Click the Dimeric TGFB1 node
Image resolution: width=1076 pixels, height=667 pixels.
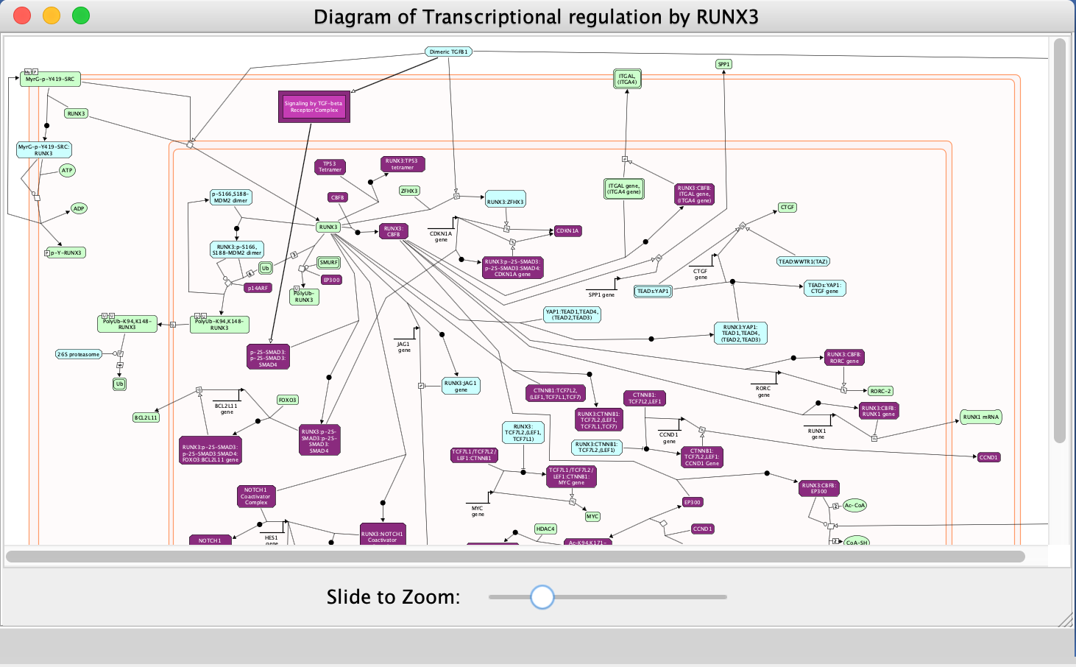[x=448, y=52]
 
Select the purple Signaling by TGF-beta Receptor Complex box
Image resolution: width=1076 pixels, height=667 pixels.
[x=314, y=107]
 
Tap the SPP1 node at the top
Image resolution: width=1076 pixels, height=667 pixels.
[x=723, y=64]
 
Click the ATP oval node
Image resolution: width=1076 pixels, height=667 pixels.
[x=67, y=170]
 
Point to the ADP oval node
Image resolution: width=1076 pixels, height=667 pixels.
[x=79, y=208]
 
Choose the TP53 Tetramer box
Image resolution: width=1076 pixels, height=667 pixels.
[x=330, y=167]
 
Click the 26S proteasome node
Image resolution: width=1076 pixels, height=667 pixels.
[x=79, y=354]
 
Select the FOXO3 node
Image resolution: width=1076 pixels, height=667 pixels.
[x=287, y=400]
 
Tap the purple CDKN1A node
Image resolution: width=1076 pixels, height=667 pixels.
[x=567, y=230]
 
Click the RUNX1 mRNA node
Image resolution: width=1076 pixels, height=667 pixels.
[x=981, y=417]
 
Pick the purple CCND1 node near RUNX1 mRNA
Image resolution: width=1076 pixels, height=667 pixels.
[x=988, y=457]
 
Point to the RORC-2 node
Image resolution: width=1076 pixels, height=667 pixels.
[x=880, y=391]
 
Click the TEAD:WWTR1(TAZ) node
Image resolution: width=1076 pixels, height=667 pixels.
[x=803, y=261]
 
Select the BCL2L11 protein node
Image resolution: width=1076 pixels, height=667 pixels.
[x=146, y=417]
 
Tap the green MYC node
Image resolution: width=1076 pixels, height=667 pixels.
[x=592, y=516]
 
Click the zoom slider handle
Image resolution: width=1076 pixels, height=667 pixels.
[x=542, y=597]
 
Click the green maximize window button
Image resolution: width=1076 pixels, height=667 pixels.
[x=81, y=15]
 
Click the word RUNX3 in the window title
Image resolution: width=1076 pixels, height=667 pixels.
[x=727, y=17]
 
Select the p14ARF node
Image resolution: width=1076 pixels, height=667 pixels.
[x=258, y=288]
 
